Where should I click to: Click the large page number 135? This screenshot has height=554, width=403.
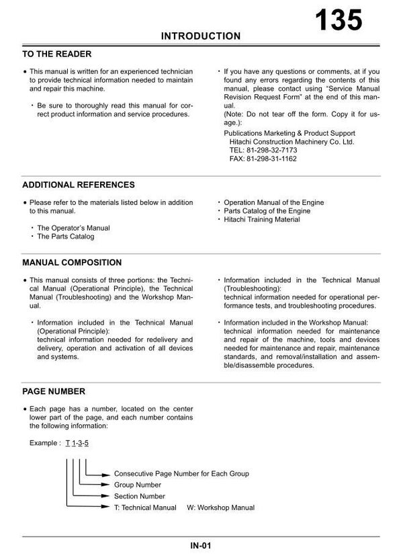click(x=339, y=19)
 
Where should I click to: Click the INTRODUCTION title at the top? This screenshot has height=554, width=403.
click(x=201, y=36)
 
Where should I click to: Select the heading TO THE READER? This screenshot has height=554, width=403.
click(x=57, y=54)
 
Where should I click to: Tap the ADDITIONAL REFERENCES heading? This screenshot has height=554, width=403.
click(x=79, y=184)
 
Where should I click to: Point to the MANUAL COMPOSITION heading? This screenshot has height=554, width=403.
click(x=73, y=262)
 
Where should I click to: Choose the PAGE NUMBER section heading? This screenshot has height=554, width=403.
click(x=54, y=391)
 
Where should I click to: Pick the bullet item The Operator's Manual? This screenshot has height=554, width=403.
click(x=73, y=228)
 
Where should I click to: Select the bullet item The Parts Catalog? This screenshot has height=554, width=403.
click(x=65, y=237)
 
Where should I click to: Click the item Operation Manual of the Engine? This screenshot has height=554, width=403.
click(x=273, y=202)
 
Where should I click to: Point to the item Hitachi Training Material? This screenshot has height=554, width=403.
click(x=261, y=220)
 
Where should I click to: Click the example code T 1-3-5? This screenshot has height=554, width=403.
click(x=77, y=443)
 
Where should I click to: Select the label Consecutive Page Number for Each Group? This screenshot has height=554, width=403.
click(x=181, y=473)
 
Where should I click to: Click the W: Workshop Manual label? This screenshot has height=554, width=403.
click(x=221, y=507)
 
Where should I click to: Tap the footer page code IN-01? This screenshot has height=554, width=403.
click(x=201, y=545)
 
